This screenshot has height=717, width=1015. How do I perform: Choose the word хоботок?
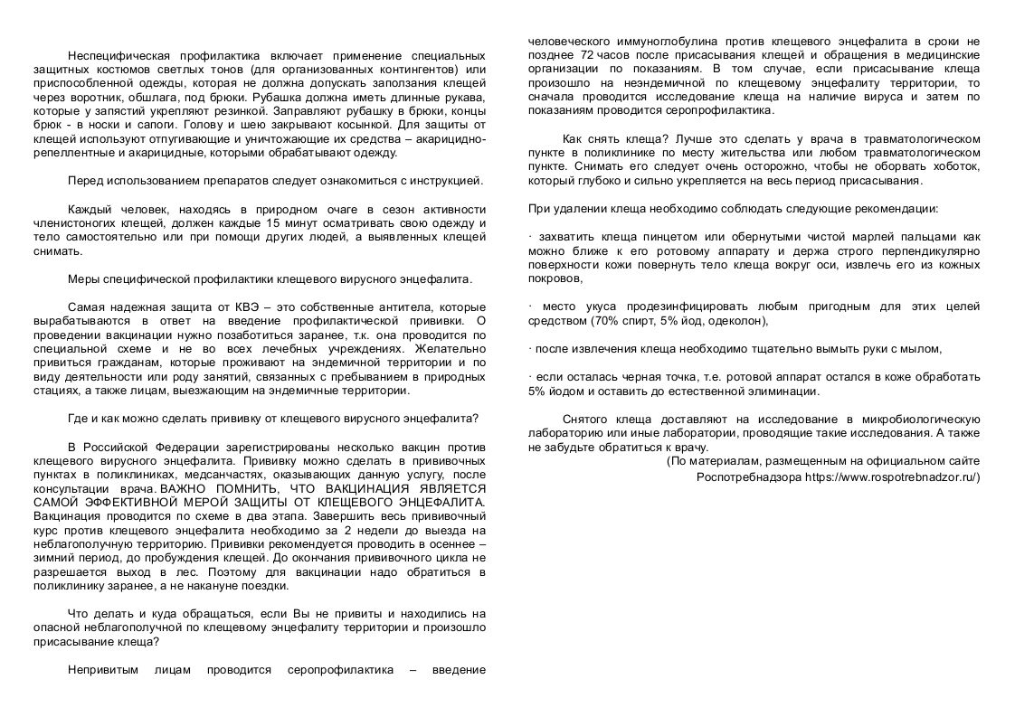[953, 167]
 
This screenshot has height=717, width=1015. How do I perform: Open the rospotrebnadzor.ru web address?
[890, 476]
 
